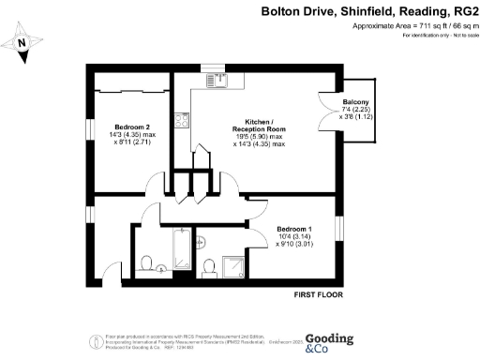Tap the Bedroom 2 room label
[x=131, y=134]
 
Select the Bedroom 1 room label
[x=292, y=235]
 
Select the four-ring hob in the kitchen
[x=184, y=119]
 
